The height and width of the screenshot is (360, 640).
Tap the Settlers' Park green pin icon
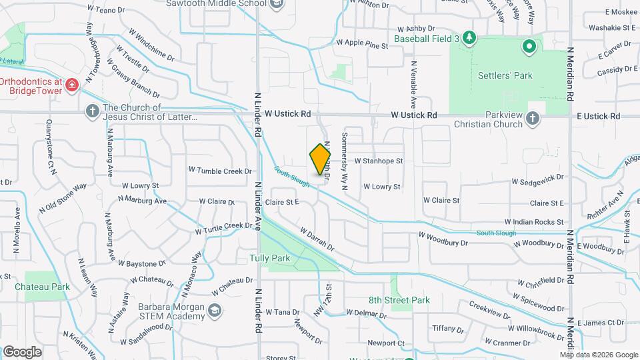coord(529,47)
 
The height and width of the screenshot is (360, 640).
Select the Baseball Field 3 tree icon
coord(469,37)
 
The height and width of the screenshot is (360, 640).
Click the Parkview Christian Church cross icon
coord(532,118)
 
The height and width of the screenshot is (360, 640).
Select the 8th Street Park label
coord(399,300)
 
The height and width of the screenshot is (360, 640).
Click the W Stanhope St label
coord(379,161)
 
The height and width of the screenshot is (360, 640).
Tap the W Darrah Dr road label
coord(317,240)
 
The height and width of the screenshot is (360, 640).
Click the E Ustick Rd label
coord(598,116)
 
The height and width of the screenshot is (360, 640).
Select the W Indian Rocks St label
coord(534,221)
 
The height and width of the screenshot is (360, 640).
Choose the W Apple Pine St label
coord(362,44)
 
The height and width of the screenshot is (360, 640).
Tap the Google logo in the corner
coord(22,351)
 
